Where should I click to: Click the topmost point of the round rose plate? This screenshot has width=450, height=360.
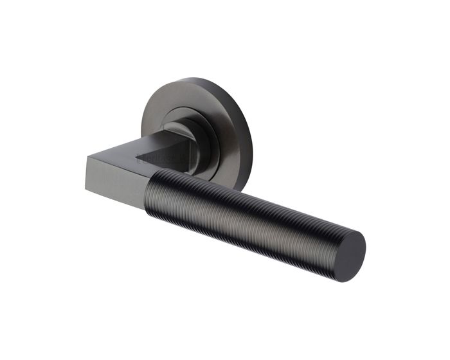(193, 78)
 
